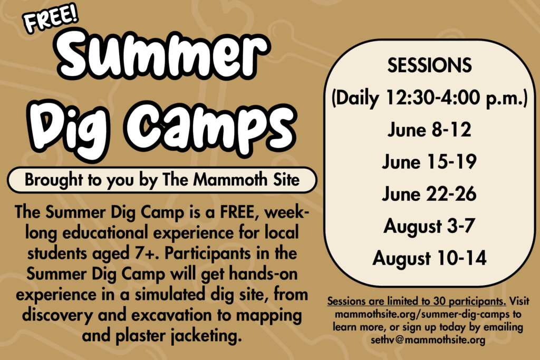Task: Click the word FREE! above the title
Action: pyautogui.click(x=51, y=19)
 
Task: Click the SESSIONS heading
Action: pyautogui.click(x=429, y=65)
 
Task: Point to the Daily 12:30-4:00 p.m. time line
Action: pyautogui.click(x=429, y=98)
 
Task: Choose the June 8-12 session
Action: pyautogui.click(x=429, y=130)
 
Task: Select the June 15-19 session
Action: pyautogui.click(x=429, y=162)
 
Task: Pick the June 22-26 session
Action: pyautogui.click(x=429, y=194)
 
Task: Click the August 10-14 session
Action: pyautogui.click(x=429, y=258)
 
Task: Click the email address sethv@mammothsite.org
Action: pyautogui.click(x=428, y=340)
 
